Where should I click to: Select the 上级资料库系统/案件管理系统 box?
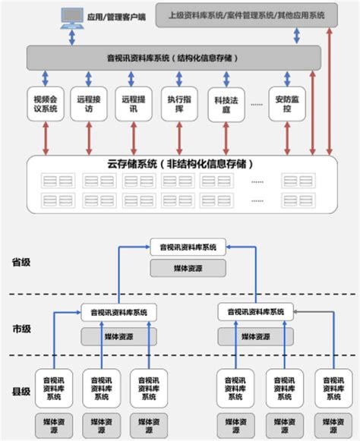247,14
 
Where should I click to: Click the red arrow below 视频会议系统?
46,138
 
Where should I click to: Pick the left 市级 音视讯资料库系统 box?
118,312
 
